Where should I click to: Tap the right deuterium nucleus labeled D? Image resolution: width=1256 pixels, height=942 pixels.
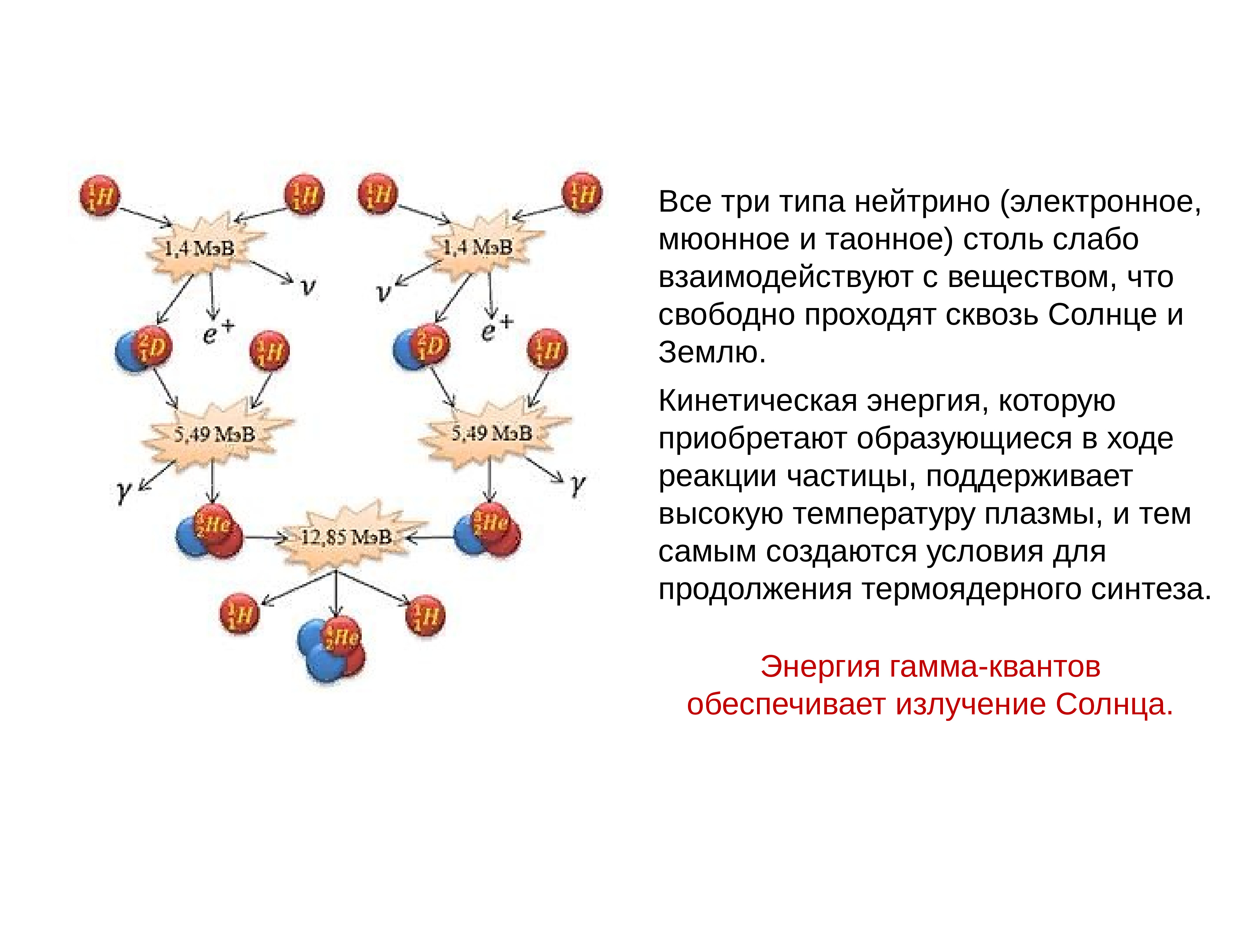(x=421, y=346)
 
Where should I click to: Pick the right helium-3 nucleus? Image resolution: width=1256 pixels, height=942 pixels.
(x=487, y=528)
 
